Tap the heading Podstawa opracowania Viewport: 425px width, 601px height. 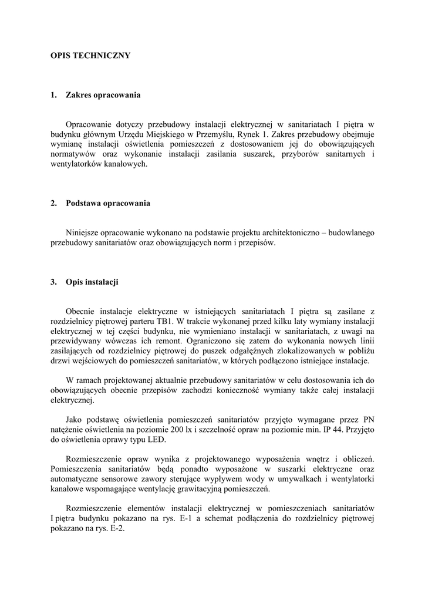click(108, 204)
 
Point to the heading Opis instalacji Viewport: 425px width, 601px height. click(92, 282)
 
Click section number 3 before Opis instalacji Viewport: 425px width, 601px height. click(53, 282)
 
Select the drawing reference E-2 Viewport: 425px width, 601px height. click(116, 528)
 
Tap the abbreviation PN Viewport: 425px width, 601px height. click(368, 420)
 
